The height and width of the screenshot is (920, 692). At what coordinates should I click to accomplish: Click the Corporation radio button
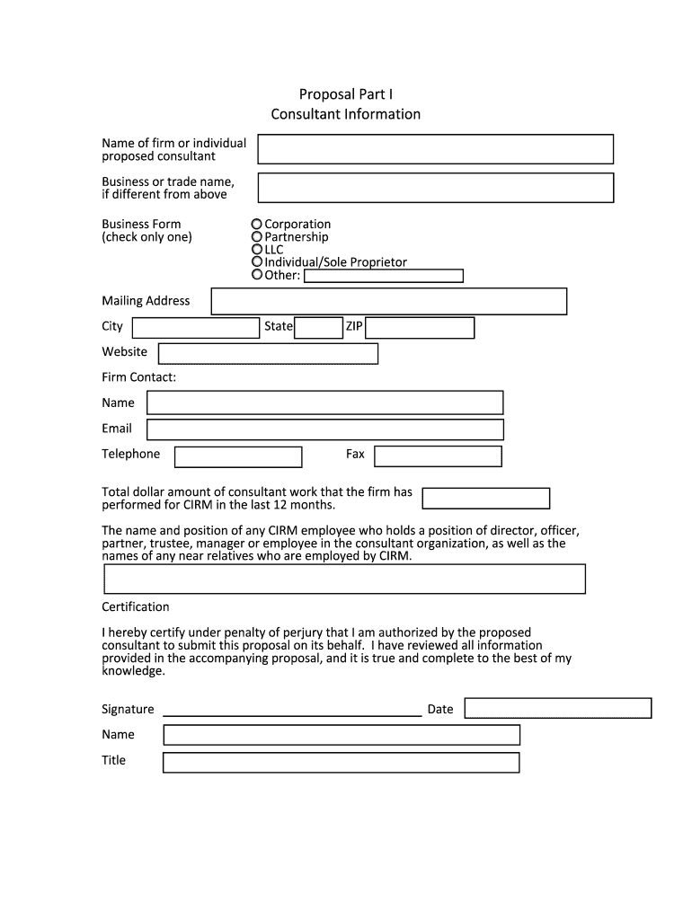click(x=257, y=224)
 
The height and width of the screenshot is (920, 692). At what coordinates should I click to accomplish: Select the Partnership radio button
click(x=257, y=236)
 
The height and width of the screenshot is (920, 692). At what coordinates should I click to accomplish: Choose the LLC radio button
click(x=257, y=249)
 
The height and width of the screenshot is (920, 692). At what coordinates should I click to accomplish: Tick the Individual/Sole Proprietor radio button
click(x=257, y=261)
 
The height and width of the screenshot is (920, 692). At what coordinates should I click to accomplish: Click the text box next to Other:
click(x=384, y=276)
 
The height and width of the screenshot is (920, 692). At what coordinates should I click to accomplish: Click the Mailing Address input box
click(x=388, y=301)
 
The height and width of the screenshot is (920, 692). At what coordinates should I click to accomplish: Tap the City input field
click(x=195, y=327)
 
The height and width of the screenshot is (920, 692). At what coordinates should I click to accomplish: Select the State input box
click(x=318, y=327)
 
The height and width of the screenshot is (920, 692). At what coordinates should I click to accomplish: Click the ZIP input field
click(x=420, y=327)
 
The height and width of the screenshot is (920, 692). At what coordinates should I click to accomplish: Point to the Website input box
click(x=268, y=353)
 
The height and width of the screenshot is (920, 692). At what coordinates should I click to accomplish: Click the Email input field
click(x=324, y=429)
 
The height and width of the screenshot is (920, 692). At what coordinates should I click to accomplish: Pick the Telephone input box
click(x=238, y=456)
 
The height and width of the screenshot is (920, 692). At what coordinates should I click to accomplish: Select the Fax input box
click(x=438, y=456)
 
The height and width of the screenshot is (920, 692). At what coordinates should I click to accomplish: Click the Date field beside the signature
click(x=556, y=708)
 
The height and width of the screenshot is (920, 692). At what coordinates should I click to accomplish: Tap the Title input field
click(x=341, y=763)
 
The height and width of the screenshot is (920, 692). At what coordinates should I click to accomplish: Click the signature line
click(x=291, y=712)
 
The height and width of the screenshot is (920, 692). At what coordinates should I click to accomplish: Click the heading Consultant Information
click(x=345, y=114)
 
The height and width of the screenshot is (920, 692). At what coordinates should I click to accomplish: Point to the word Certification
click(x=135, y=606)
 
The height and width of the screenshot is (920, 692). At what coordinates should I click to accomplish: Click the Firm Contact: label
click(x=138, y=377)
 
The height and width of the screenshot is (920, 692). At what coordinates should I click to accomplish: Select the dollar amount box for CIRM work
click(x=485, y=499)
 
